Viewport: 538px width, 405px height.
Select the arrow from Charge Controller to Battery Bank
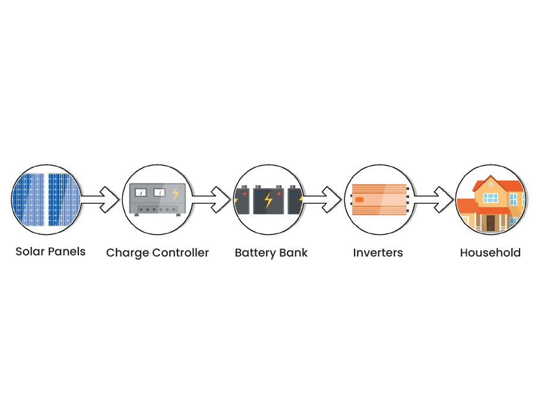coord(211,200)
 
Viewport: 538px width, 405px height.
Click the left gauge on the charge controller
coord(141,192)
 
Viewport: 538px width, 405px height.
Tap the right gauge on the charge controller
coord(159,192)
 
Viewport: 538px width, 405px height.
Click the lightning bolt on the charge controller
coord(175,193)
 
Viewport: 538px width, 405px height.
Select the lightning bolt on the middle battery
coord(268,201)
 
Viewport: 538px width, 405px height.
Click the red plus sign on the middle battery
coord(278,193)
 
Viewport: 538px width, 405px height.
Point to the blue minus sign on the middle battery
coord(259,193)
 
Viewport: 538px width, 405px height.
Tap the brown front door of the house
coord(490,222)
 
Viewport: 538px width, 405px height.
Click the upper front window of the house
coord(490,197)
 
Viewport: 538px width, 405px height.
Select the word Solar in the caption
coord(29,252)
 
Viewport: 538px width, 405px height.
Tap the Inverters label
coord(378,253)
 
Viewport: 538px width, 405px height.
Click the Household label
coord(490,253)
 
